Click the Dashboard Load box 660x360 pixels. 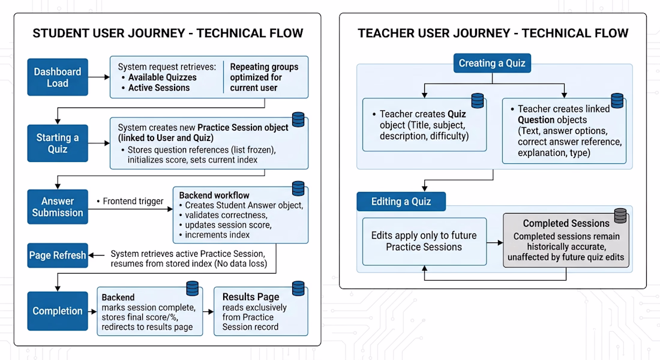pos(58,77)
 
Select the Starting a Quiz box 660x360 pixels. pos(58,143)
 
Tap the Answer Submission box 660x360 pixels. pos(58,207)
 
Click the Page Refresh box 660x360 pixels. pos(58,256)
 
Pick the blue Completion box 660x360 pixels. pos(58,311)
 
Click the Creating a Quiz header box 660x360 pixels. pos(491,63)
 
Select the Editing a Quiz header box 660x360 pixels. pos(401,202)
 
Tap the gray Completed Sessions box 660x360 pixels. pos(567,241)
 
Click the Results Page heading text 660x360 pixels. pos(251,297)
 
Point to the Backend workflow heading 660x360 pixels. pos(214,195)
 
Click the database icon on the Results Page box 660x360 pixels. pos(298,288)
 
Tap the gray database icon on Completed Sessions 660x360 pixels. pos(620,215)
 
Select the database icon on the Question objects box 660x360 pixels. pos(617,100)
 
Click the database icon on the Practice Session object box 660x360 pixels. pos(298,119)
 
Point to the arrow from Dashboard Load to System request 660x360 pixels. pos(99,77)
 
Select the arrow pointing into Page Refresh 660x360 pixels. pos(99,256)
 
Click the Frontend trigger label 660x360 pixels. pos(132,201)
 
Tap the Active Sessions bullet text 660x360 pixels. pos(158,88)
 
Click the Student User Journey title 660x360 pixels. pos(167,33)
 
